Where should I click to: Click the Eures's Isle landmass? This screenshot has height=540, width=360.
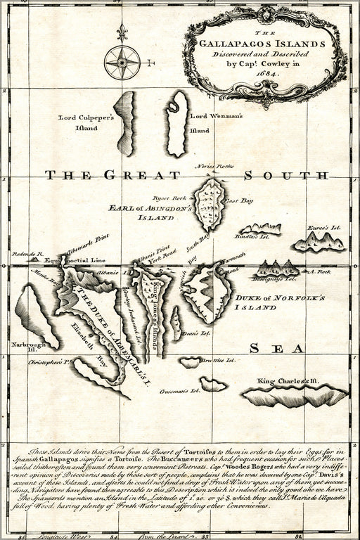[320, 241]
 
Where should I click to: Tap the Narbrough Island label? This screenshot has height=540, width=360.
[25, 348]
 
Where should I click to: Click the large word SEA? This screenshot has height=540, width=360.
[276, 348]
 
